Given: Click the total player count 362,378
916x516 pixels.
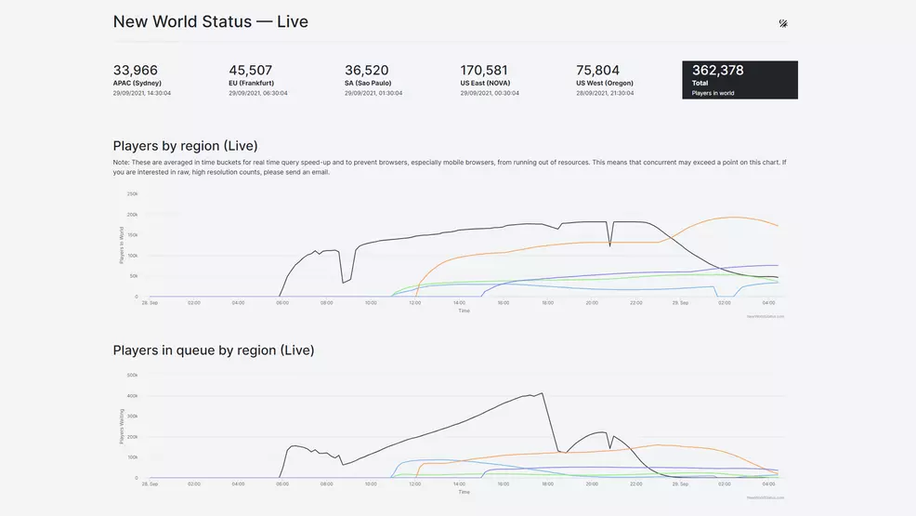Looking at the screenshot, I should tap(717, 71).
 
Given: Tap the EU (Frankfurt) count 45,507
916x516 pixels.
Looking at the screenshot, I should tap(251, 71).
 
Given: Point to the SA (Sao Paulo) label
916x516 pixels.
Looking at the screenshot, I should tap(366, 83).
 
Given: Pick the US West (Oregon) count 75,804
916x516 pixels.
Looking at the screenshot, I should tap(597, 71).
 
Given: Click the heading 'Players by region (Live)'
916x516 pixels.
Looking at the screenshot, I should tap(185, 146).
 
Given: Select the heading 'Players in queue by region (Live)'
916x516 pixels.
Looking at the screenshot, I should tap(213, 351).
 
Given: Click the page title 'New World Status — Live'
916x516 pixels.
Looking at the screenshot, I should tap(210, 21).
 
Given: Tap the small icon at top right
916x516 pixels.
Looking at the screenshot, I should tap(783, 23).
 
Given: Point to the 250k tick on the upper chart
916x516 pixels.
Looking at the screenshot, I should tap(132, 194).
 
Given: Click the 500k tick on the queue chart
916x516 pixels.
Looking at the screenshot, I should tap(132, 376).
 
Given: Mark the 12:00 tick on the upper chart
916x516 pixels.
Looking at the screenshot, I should tap(415, 303).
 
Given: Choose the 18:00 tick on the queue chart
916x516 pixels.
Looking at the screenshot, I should tap(547, 484).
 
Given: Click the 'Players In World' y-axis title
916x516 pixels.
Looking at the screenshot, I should tap(121, 245).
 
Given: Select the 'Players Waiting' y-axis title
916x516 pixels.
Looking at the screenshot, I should tap(121, 427).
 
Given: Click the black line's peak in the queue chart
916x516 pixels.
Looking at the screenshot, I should tap(543, 393).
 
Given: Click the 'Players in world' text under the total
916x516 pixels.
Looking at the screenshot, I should tap(713, 93).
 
